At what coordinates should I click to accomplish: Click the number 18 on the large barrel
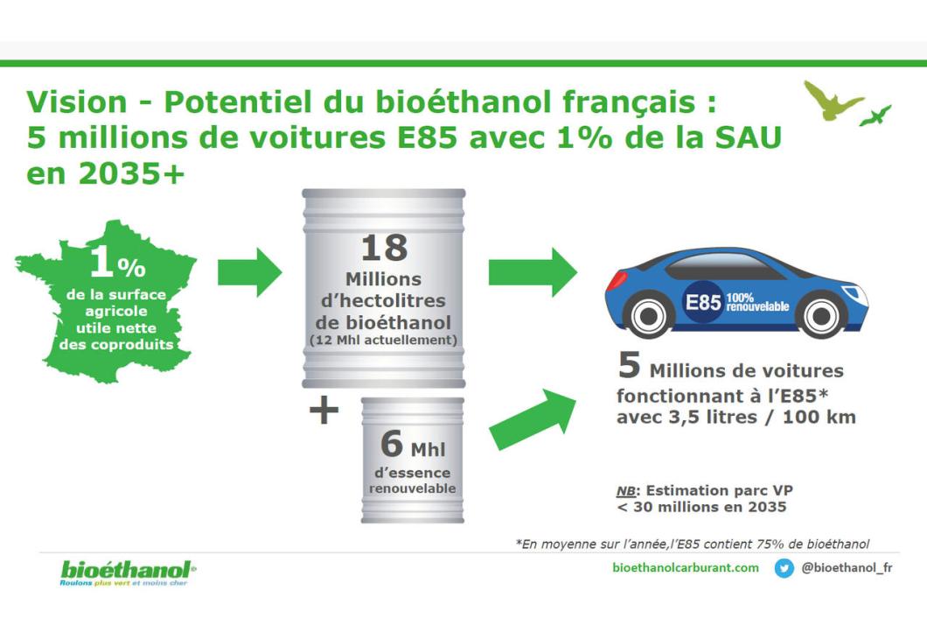384,248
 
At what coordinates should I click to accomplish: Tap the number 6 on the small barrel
392,444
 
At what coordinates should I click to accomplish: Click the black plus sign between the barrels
324,411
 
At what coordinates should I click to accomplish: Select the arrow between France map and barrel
249,272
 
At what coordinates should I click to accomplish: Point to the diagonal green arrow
533,419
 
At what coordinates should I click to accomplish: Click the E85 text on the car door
703,303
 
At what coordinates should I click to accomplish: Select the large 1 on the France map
101,261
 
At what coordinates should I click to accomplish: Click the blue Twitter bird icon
784,568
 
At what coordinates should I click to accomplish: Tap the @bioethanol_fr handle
847,568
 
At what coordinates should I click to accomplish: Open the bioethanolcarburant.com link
686,568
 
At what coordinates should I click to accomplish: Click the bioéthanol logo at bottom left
128,573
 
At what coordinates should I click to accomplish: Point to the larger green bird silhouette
831,100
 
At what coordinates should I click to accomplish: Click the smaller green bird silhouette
875,116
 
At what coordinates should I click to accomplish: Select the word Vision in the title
77,102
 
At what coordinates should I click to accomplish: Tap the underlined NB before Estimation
625,491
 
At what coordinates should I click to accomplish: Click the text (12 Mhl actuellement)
384,341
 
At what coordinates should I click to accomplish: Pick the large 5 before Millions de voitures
629,365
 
